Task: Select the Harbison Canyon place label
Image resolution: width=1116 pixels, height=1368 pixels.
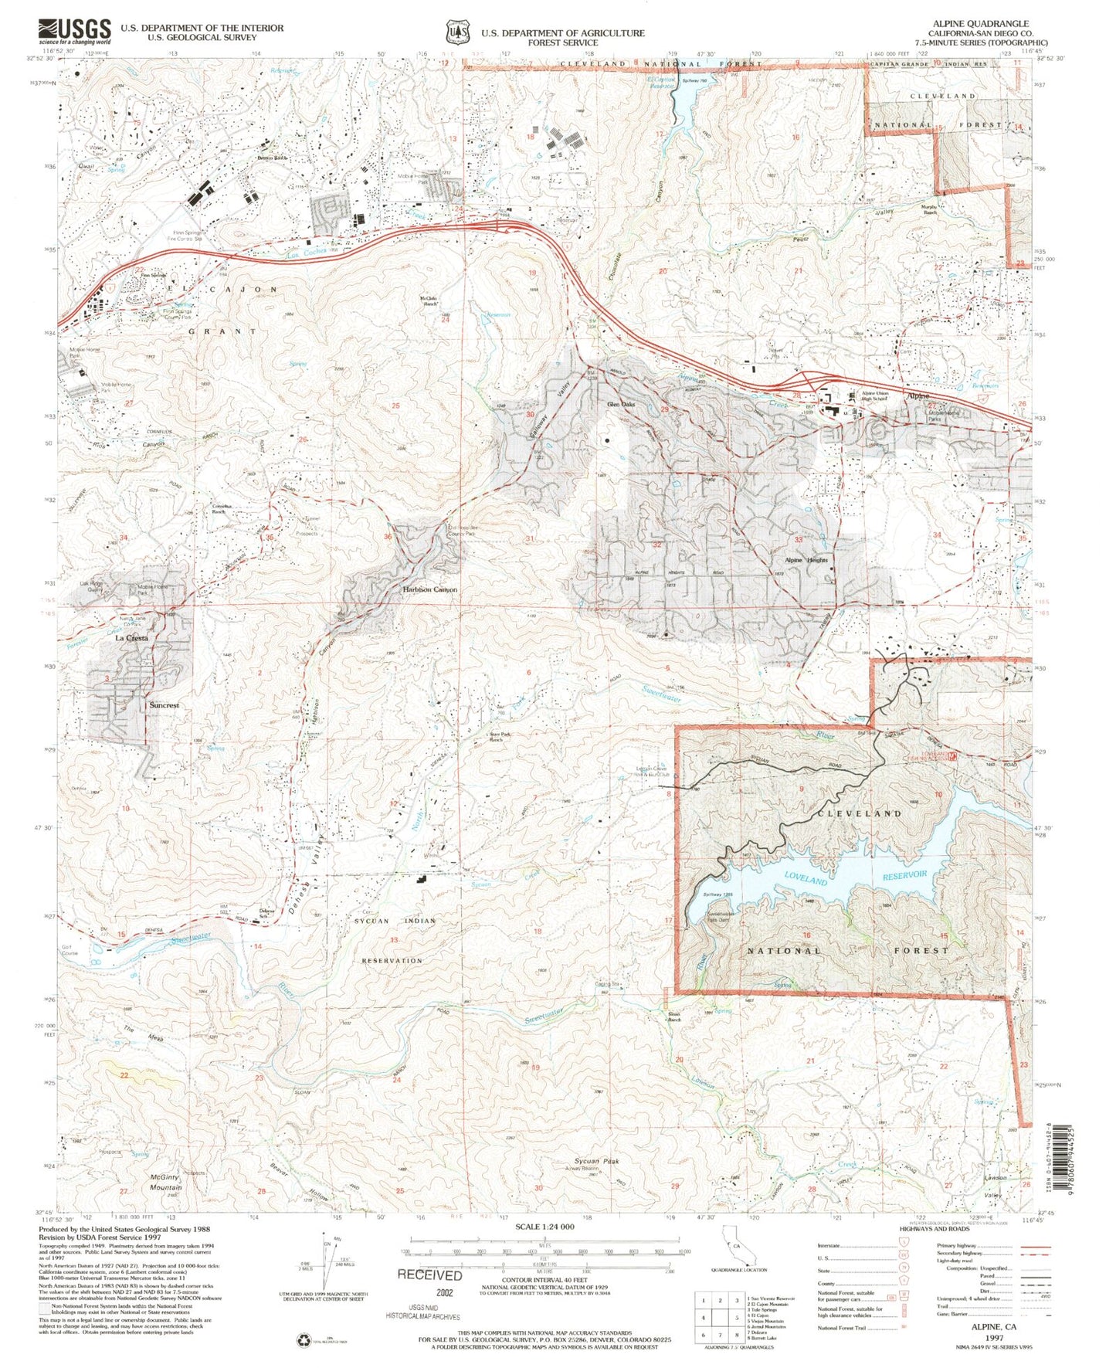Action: click(x=430, y=589)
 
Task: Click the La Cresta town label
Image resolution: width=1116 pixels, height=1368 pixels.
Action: click(x=131, y=638)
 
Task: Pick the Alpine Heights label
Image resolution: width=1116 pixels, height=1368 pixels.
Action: click(x=806, y=560)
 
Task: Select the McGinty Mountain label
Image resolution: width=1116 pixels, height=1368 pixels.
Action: click(x=166, y=1183)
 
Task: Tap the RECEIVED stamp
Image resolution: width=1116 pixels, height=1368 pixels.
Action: click(x=429, y=1275)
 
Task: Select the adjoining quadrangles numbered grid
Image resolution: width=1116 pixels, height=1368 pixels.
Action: click(x=719, y=1309)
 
